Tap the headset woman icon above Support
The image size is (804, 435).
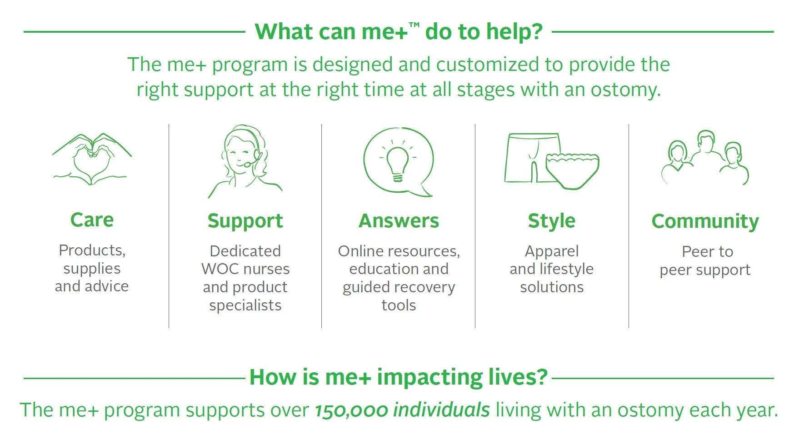(245, 161)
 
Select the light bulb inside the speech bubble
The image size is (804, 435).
(398, 162)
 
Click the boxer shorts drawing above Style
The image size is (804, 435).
(532, 158)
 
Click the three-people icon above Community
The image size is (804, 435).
(704, 157)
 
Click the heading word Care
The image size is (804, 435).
(92, 220)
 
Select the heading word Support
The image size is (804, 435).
(245, 221)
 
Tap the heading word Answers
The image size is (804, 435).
(399, 221)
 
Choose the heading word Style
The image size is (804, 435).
(552, 221)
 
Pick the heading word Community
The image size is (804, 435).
(705, 222)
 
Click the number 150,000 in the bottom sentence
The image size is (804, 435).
(351, 410)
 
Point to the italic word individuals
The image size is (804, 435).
(441, 410)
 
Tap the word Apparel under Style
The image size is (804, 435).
(552, 252)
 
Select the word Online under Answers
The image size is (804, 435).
(359, 251)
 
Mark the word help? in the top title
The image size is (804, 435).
(514, 32)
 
